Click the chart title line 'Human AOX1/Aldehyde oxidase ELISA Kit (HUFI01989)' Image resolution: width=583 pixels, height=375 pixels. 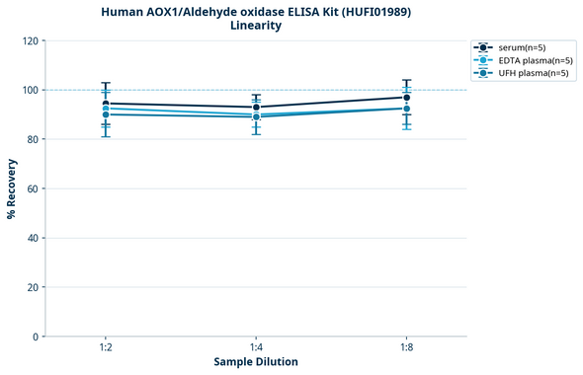256,11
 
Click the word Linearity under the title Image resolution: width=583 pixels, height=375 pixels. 256,26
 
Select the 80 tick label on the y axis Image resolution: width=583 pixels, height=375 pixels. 33,139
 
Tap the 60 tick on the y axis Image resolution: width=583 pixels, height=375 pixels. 33,188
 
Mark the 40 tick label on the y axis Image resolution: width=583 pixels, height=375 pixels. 33,238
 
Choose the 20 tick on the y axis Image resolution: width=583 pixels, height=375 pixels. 33,287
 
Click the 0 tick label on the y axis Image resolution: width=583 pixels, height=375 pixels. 36,337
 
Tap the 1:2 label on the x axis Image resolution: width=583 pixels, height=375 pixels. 106,348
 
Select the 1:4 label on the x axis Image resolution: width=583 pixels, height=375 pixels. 256,348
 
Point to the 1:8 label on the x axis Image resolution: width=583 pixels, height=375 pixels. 407,348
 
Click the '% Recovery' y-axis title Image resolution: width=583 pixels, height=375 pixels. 11,188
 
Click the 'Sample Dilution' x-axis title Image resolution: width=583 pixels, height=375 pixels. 256,362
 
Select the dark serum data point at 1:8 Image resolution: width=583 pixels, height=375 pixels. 407,97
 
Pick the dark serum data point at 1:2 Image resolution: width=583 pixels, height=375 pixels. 106,104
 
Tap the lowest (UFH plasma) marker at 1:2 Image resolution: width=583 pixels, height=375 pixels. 106,114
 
